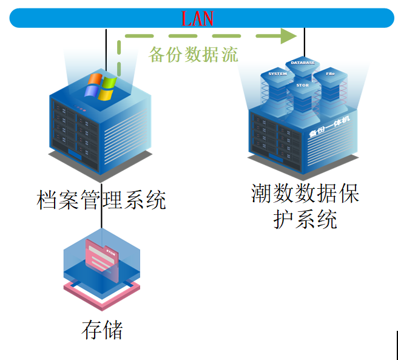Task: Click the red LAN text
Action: (x=198, y=18)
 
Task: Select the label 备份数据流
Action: (x=193, y=55)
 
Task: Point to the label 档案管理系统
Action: (x=101, y=199)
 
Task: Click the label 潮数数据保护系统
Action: (x=305, y=206)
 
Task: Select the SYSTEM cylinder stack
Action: (x=277, y=85)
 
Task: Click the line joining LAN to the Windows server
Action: (x=106, y=49)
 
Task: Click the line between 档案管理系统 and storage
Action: (x=101, y=220)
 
